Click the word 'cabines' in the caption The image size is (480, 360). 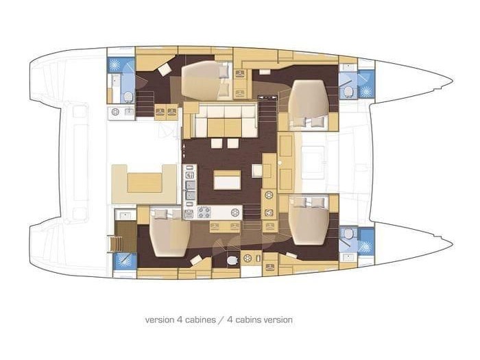click(x=198, y=320)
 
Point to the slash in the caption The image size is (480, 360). click(x=221, y=320)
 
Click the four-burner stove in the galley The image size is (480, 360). click(x=204, y=213)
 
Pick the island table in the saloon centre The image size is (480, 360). click(x=227, y=180)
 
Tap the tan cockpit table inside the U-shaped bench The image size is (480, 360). click(x=145, y=183)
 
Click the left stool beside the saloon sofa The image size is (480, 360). click(x=217, y=143)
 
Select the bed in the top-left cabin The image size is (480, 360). click(x=206, y=80)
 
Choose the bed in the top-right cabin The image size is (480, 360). click(x=309, y=105)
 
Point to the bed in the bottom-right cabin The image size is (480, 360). click(x=309, y=220)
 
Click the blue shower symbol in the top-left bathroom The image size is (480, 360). click(x=115, y=64)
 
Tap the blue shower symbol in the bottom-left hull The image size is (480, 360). click(x=125, y=261)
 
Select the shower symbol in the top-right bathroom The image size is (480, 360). click(x=365, y=91)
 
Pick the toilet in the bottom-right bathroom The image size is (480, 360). click(x=348, y=234)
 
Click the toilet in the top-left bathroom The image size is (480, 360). click(x=128, y=97)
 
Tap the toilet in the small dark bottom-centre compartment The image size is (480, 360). click(x=233, y=260)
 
